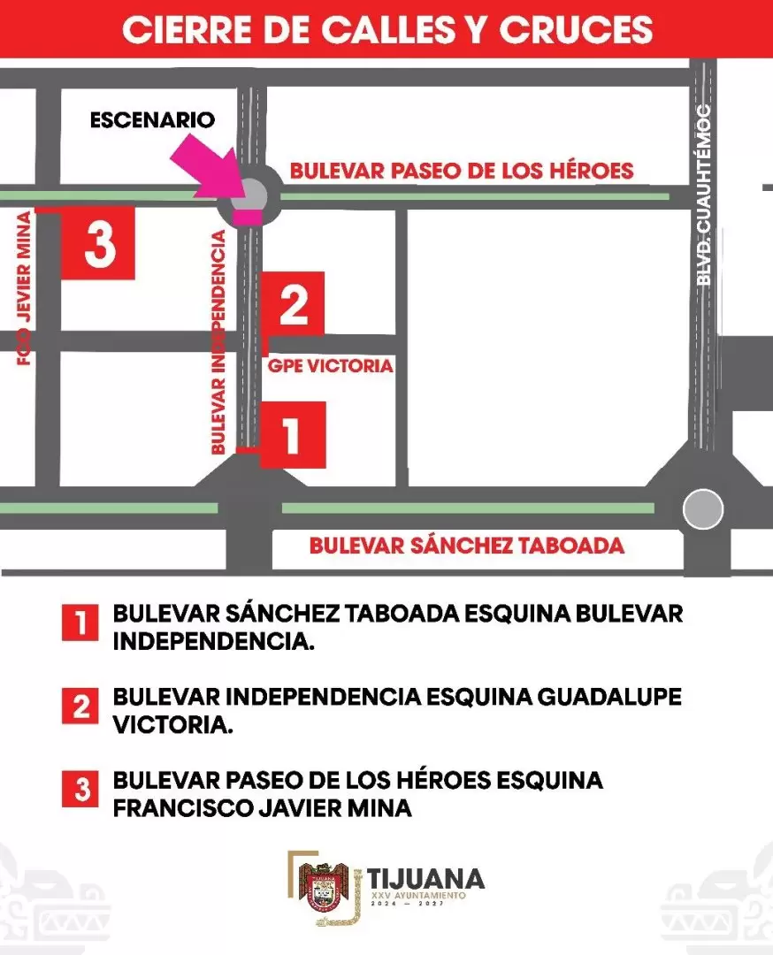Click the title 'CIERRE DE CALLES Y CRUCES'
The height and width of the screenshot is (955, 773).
[386, 29]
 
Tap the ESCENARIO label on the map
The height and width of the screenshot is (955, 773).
[152, 119]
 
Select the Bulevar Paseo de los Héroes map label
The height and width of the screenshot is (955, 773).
[462, 171]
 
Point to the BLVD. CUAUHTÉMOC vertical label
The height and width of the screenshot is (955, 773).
[704, 195]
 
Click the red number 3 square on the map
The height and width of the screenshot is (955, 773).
[98, 243]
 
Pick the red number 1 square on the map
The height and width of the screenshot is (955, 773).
[293, 434]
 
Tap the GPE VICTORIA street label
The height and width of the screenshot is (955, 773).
[329, 366]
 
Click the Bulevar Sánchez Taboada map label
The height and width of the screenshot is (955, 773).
[466, 546]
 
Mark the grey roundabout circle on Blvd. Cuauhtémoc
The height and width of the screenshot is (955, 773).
[703, 509]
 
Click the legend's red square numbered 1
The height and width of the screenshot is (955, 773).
[80, 623]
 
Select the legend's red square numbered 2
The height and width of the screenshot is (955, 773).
[80, 706]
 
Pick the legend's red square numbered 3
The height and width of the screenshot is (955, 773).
[80, 789]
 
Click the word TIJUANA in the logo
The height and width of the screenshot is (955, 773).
[426, 878]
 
